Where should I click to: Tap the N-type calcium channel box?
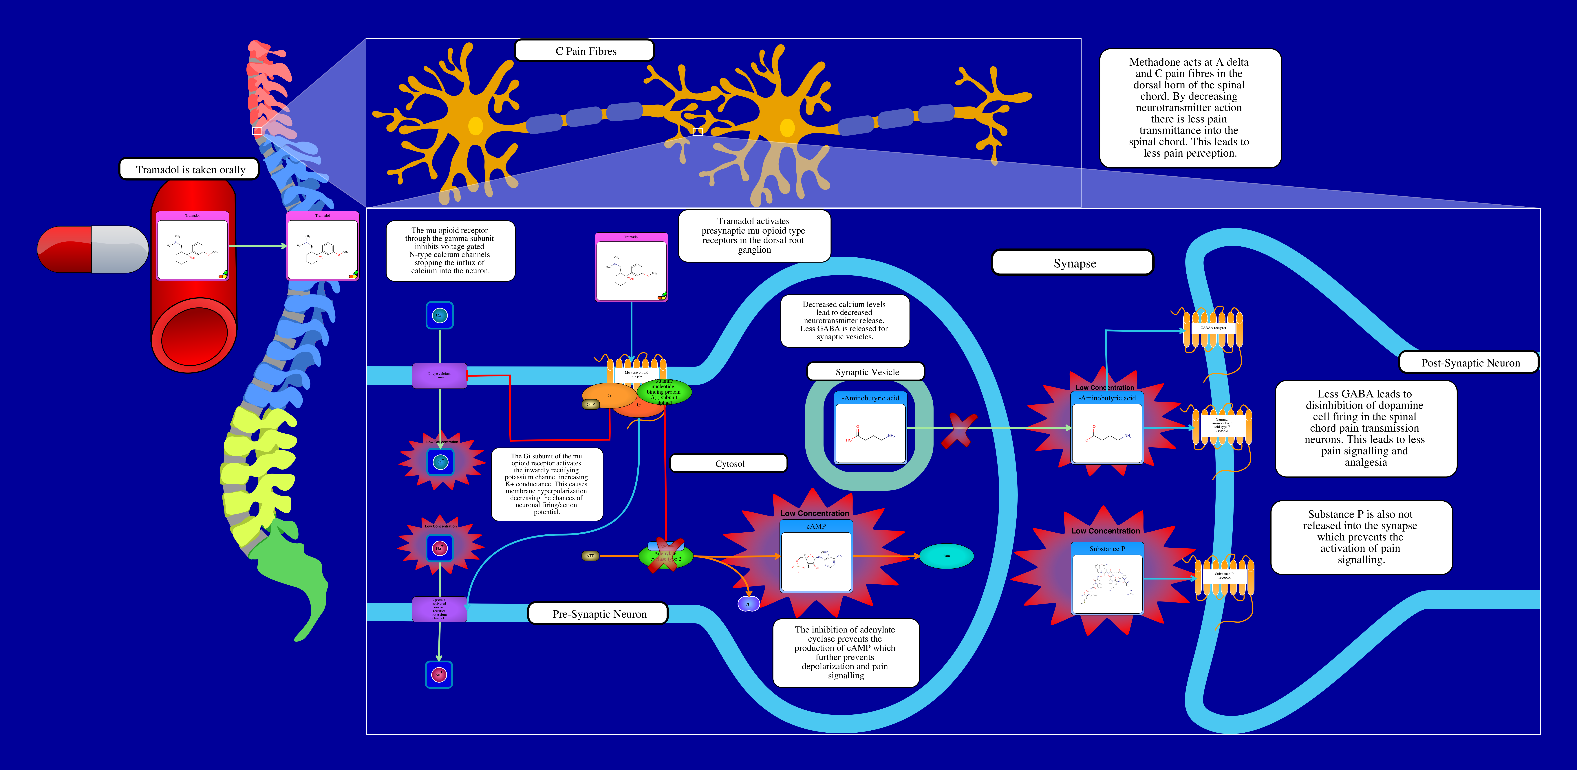440,375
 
